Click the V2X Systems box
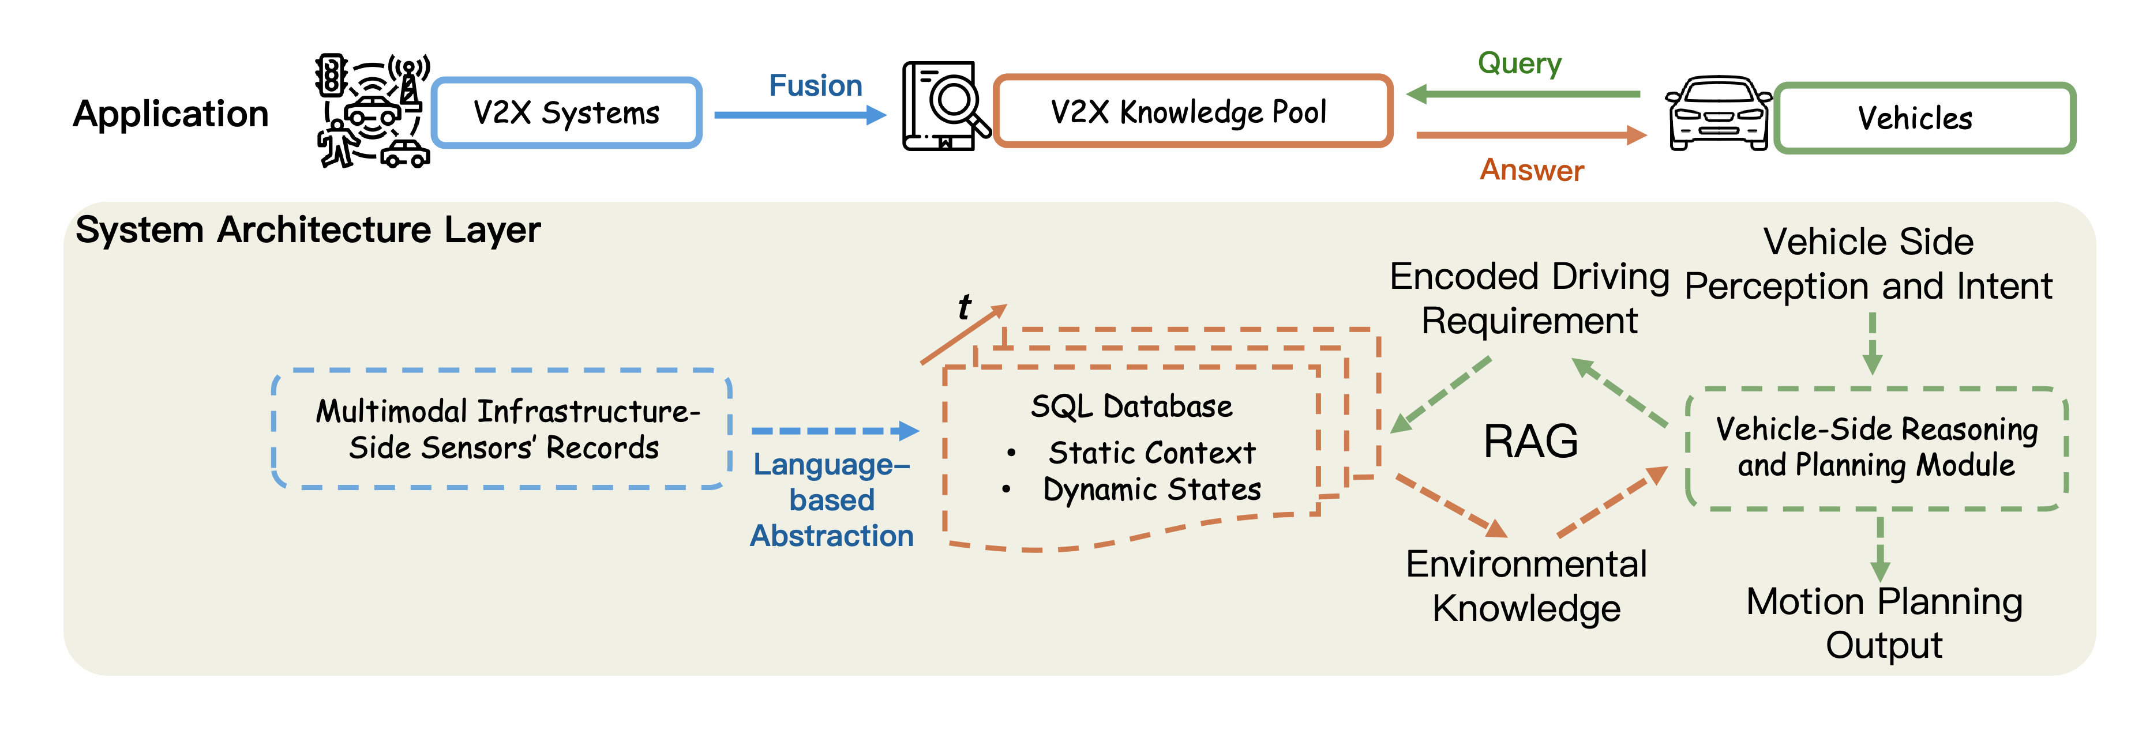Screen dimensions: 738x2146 tap(566, 112)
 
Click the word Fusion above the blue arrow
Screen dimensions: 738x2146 tap(815, 86)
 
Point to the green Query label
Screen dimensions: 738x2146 tap(1519, 63)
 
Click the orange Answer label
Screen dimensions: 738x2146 tap(1531, 170)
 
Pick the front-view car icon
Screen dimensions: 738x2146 tap(1719, 114)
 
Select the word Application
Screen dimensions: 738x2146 tap(171, 114)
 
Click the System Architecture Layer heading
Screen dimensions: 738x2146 tap(307, 230)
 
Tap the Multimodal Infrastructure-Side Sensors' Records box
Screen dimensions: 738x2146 tap(503, 429)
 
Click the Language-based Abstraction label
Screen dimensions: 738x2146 tap(831, 500)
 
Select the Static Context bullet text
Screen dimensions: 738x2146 tap(1151, 453)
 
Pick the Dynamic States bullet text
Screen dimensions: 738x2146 tap(1151, 490)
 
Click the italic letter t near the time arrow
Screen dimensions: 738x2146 tap(965, 307)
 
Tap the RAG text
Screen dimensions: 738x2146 tap(1530, 442)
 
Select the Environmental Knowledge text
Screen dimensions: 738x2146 tap(1526, 586)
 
